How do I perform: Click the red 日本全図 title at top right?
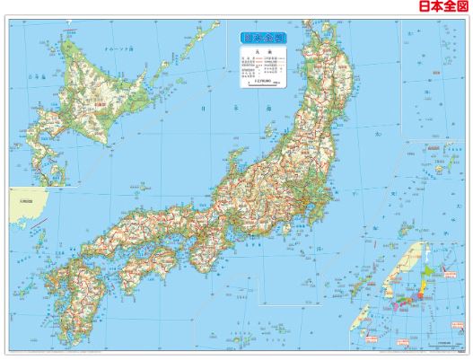tap(443, 8)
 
